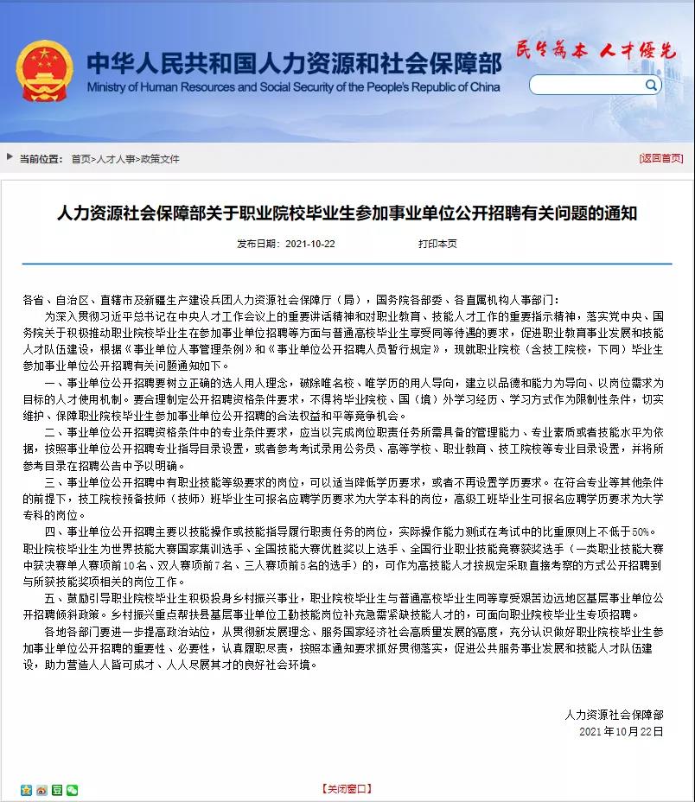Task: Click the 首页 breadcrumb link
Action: (x=80, y=159)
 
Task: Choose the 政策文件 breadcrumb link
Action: (x=160, y=159)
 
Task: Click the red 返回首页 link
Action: (x=661, y=159)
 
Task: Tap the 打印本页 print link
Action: (x=437, y=245)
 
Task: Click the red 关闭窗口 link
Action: (x=347, y=788)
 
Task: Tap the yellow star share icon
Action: (x=26, y=789)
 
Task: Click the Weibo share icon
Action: (x=41, y=789)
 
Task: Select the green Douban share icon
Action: (x=56, y=789)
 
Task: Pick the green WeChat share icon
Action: (x=72, y=789)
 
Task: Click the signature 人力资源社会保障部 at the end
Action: (x=614, y=714)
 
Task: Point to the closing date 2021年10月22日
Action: (x=621, y=731)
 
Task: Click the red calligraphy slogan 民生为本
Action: (x=549, y=49)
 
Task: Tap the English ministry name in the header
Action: (x=294, y=87)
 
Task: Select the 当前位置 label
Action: (x=41, y=159)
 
